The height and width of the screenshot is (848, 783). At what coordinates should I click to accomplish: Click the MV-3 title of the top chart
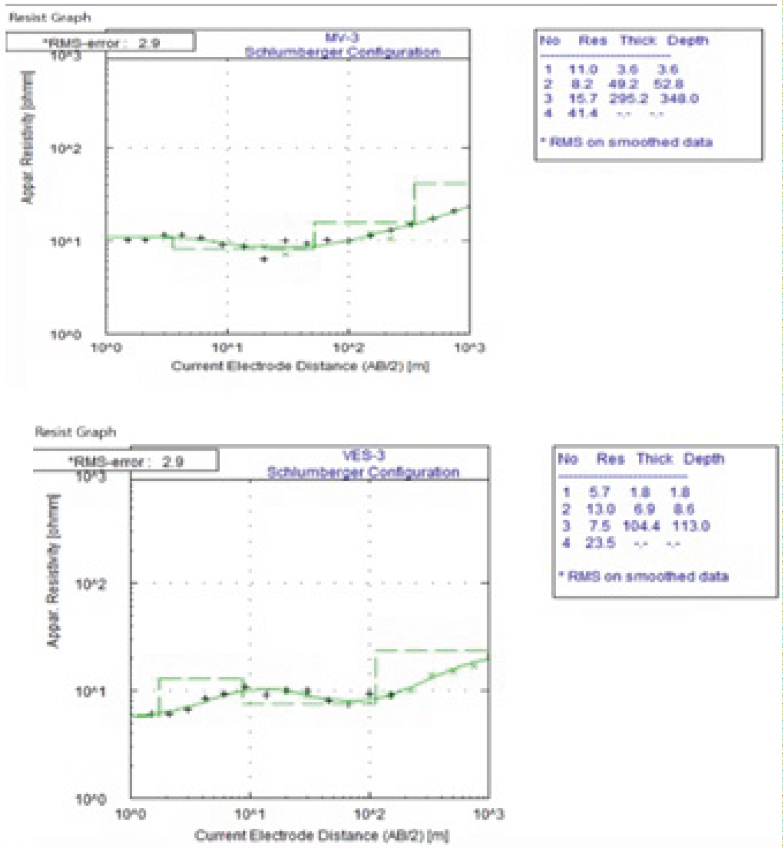(342, 37)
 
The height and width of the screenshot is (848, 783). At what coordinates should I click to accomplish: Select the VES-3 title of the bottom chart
(364, 455)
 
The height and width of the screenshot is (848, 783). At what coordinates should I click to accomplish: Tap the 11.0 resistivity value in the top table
(583, 69)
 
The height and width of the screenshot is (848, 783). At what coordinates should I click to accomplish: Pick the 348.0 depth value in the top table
(679, 98)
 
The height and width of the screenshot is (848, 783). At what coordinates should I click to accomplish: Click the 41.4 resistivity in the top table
(583, 113)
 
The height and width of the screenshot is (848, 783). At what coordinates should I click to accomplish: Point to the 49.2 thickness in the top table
(623, 84)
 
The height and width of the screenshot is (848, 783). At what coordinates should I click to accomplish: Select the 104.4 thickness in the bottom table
(641, 526)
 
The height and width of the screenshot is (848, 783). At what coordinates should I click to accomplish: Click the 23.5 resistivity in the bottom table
(600, 543)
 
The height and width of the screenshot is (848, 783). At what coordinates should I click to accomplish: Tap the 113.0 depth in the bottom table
(691, 526)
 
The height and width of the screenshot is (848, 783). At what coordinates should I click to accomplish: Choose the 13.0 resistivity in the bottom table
(600, 509)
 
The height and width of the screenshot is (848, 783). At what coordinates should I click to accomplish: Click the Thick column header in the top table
(637, 40)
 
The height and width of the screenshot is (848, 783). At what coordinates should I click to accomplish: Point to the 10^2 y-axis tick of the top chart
(66, 149)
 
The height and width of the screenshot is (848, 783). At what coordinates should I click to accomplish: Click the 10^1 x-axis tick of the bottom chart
(251, 814)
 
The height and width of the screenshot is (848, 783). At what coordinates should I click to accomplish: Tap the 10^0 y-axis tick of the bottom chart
(90, 799)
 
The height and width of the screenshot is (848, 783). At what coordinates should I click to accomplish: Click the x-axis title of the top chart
(300, 366)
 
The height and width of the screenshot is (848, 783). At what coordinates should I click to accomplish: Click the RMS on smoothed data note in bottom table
(643, 576)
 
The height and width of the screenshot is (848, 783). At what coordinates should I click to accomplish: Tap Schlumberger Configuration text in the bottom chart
(363, 472)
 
